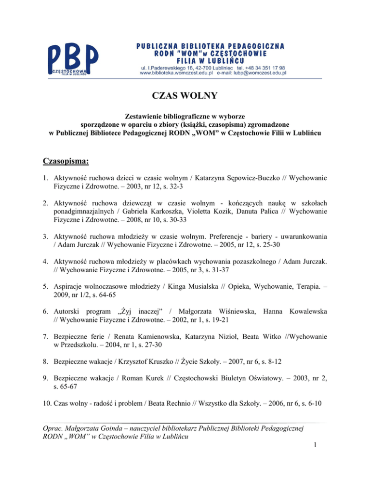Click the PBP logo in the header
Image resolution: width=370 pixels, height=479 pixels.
[74, 59]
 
